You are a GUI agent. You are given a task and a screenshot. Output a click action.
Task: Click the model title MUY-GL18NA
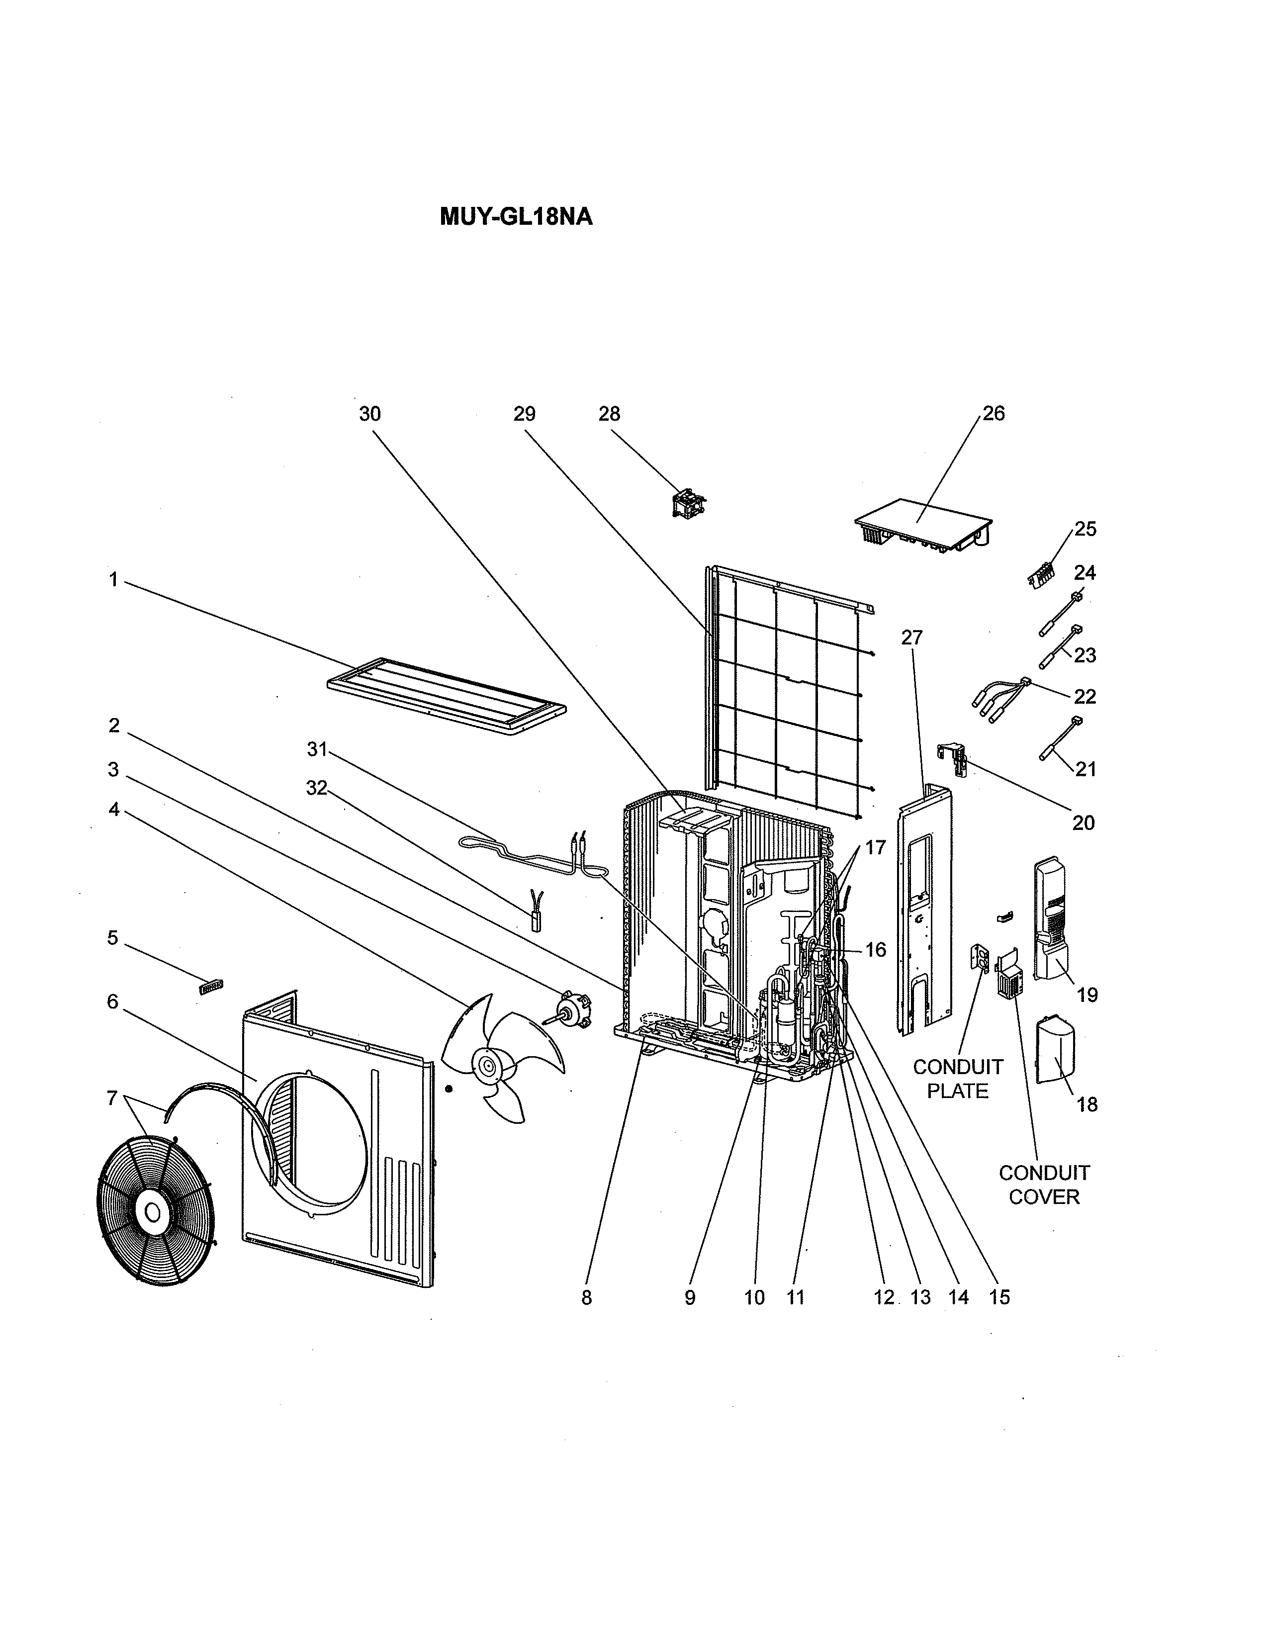click(516, 217)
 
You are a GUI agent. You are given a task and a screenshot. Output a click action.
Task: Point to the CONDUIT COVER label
click(1043, 1185)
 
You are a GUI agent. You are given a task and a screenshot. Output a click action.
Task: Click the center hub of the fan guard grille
click(153, 1212)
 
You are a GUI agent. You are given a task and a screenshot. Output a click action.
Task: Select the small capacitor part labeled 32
click(537, 915)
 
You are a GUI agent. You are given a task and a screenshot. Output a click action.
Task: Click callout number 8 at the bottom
click(587, 1297)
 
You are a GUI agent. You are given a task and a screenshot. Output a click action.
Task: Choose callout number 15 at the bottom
click(999, 1297)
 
